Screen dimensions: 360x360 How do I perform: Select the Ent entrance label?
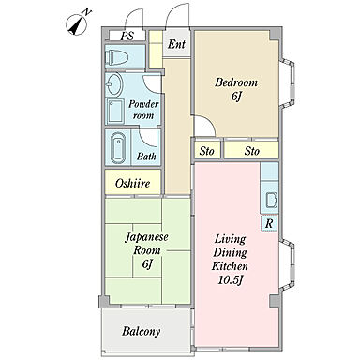176,44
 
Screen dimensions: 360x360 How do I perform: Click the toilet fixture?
117,57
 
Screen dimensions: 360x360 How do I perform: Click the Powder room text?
142,109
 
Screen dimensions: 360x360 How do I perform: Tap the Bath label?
146,157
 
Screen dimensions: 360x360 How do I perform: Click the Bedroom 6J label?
234,89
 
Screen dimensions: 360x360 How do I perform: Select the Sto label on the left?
206,150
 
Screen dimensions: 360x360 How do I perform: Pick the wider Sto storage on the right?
252,150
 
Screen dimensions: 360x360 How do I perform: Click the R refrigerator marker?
269,223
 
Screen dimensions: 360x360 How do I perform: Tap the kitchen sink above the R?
270,200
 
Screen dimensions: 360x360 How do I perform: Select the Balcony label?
141,331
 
